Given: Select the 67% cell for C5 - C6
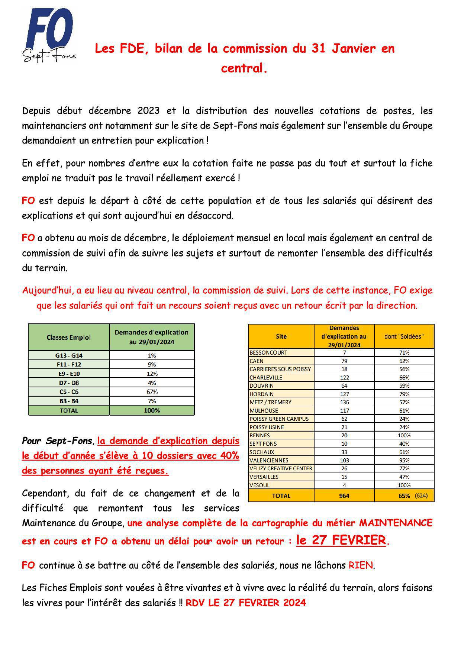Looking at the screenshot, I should click(152, 392).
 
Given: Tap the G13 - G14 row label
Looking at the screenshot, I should click(69, 355).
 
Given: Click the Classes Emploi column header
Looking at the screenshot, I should click(69, 337).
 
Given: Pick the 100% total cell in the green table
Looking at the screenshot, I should click(152, 410).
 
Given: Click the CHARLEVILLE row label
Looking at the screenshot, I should click(266, 377).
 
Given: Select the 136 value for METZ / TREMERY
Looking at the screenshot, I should click(344, 402).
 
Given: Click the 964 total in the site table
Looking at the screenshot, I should click(344, 496).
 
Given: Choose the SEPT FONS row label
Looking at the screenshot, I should click(263, 443).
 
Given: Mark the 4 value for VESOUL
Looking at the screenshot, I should click(344, 485).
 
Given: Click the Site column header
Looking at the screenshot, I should click(281, 336).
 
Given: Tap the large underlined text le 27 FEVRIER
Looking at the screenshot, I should click(341, 540).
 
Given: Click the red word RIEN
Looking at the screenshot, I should click(360, 565).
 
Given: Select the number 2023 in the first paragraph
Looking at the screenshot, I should click(149, 111).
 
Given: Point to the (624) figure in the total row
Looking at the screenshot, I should click(421, 496).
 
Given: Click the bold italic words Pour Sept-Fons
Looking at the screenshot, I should click(57, 441).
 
